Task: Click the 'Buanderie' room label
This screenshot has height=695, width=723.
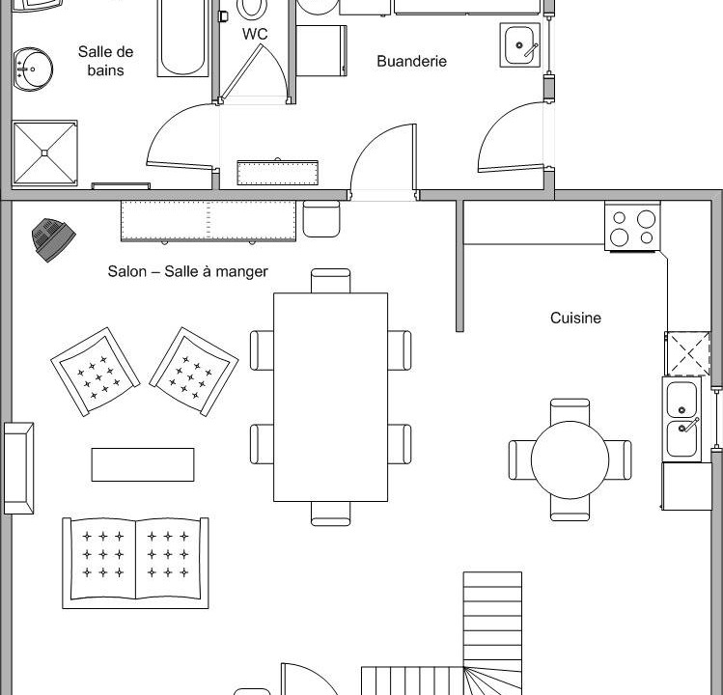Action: (411, 61)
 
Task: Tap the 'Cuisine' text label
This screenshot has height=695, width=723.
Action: (575, 318)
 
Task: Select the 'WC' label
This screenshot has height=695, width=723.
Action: (255, 34)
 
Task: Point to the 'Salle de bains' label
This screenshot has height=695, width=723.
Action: (106, 60)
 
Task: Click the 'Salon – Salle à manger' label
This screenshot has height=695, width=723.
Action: (187, 272)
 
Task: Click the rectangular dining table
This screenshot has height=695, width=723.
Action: (330, 397)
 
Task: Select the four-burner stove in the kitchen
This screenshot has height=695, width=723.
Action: (633, 228)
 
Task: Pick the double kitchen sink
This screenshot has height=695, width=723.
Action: (686, 417)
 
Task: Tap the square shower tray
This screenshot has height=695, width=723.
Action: (44, 152)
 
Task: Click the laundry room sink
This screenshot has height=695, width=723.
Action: (521, 43)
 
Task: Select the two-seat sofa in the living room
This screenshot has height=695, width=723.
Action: (135, 563)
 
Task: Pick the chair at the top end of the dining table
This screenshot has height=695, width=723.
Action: (330, 281)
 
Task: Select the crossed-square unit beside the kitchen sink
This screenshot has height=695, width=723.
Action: (688, 353)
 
